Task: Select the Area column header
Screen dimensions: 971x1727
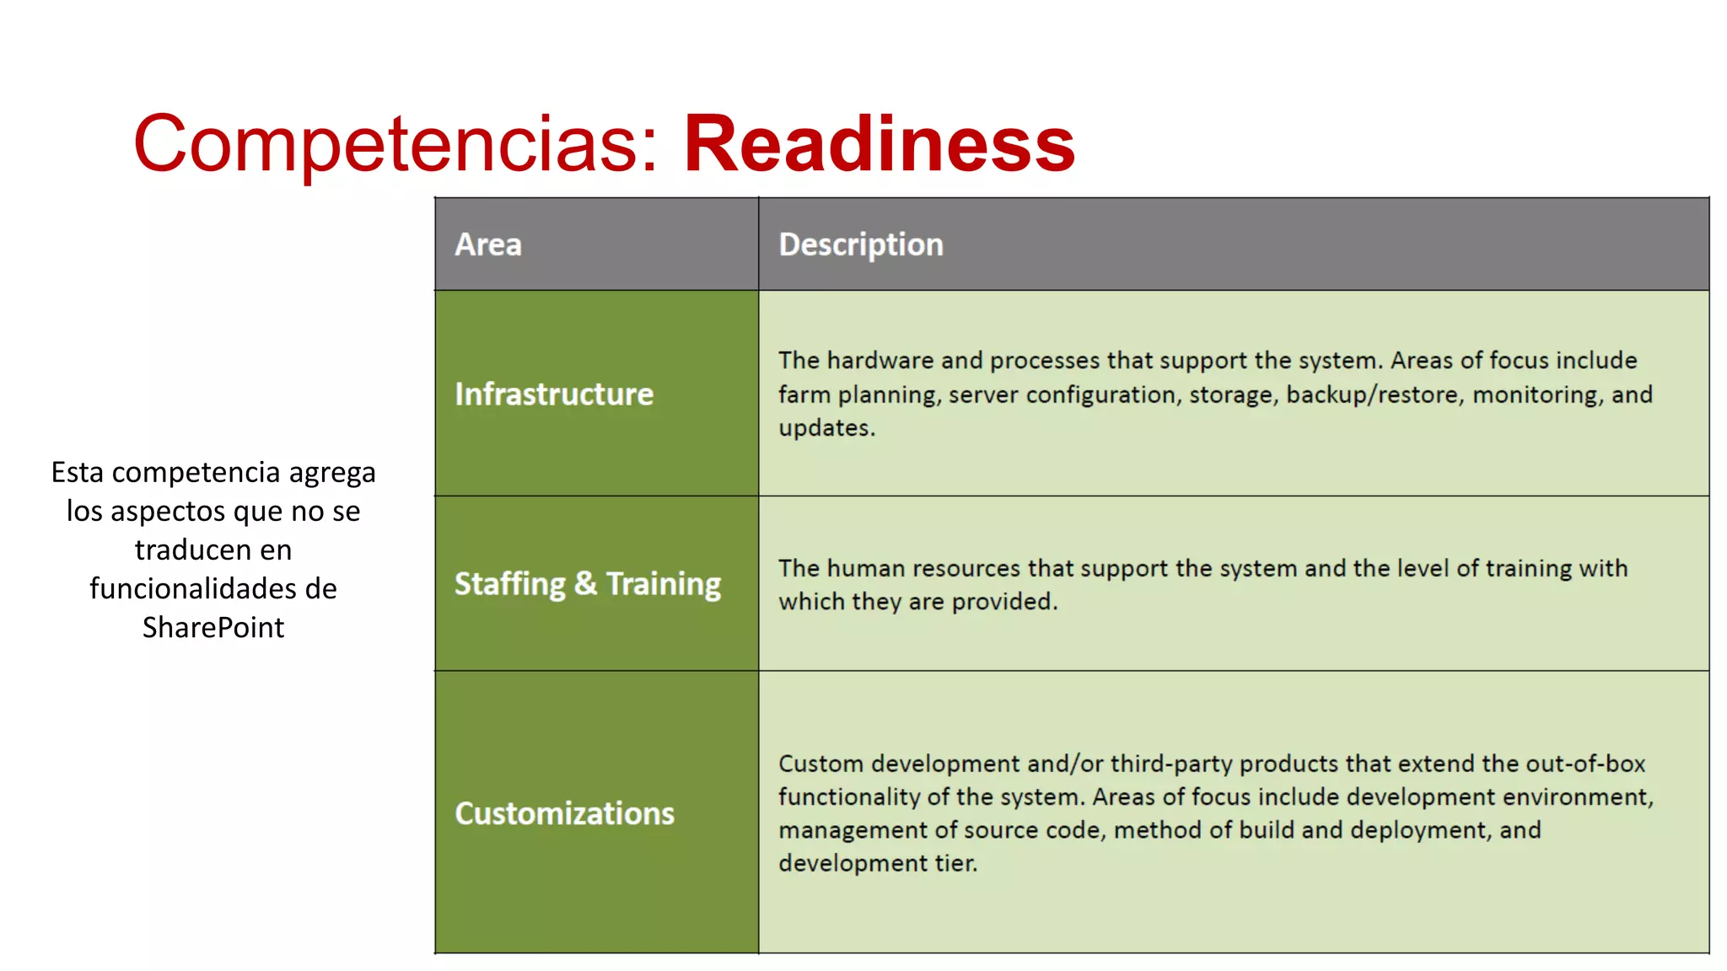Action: (488, 244)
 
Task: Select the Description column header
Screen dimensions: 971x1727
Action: (860, 244)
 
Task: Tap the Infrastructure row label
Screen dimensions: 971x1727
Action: (554, 394)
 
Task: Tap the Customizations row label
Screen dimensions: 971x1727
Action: (564, 813)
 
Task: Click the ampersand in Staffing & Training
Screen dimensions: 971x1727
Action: (585, 583)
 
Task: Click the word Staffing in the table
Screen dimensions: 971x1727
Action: (509, 584)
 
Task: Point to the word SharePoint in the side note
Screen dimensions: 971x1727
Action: (213, 627)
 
